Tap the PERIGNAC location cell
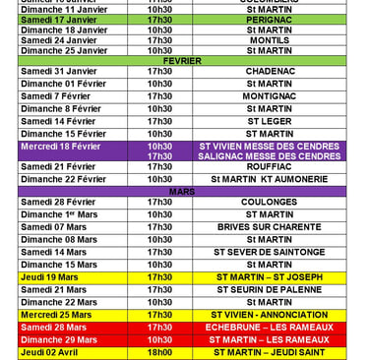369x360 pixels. click(269, 20)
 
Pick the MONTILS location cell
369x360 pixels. click(269, 40)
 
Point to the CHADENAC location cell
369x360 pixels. click(269, 72)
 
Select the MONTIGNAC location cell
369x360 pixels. click(269, 96)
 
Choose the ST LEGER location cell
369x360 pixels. click(269, 122)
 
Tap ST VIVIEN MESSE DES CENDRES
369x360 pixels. click(269, 146)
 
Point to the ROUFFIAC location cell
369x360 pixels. click(269, 167)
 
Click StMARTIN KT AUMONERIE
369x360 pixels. click(269, 179)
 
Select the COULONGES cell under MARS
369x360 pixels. click(269, 203)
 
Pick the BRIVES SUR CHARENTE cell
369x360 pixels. click(269, 227)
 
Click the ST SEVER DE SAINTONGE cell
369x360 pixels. click(269, 252)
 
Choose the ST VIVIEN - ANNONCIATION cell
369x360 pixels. click(269, 315)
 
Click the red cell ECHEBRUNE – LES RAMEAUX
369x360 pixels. click(269, 327)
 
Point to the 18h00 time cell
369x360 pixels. click(159, 352)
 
